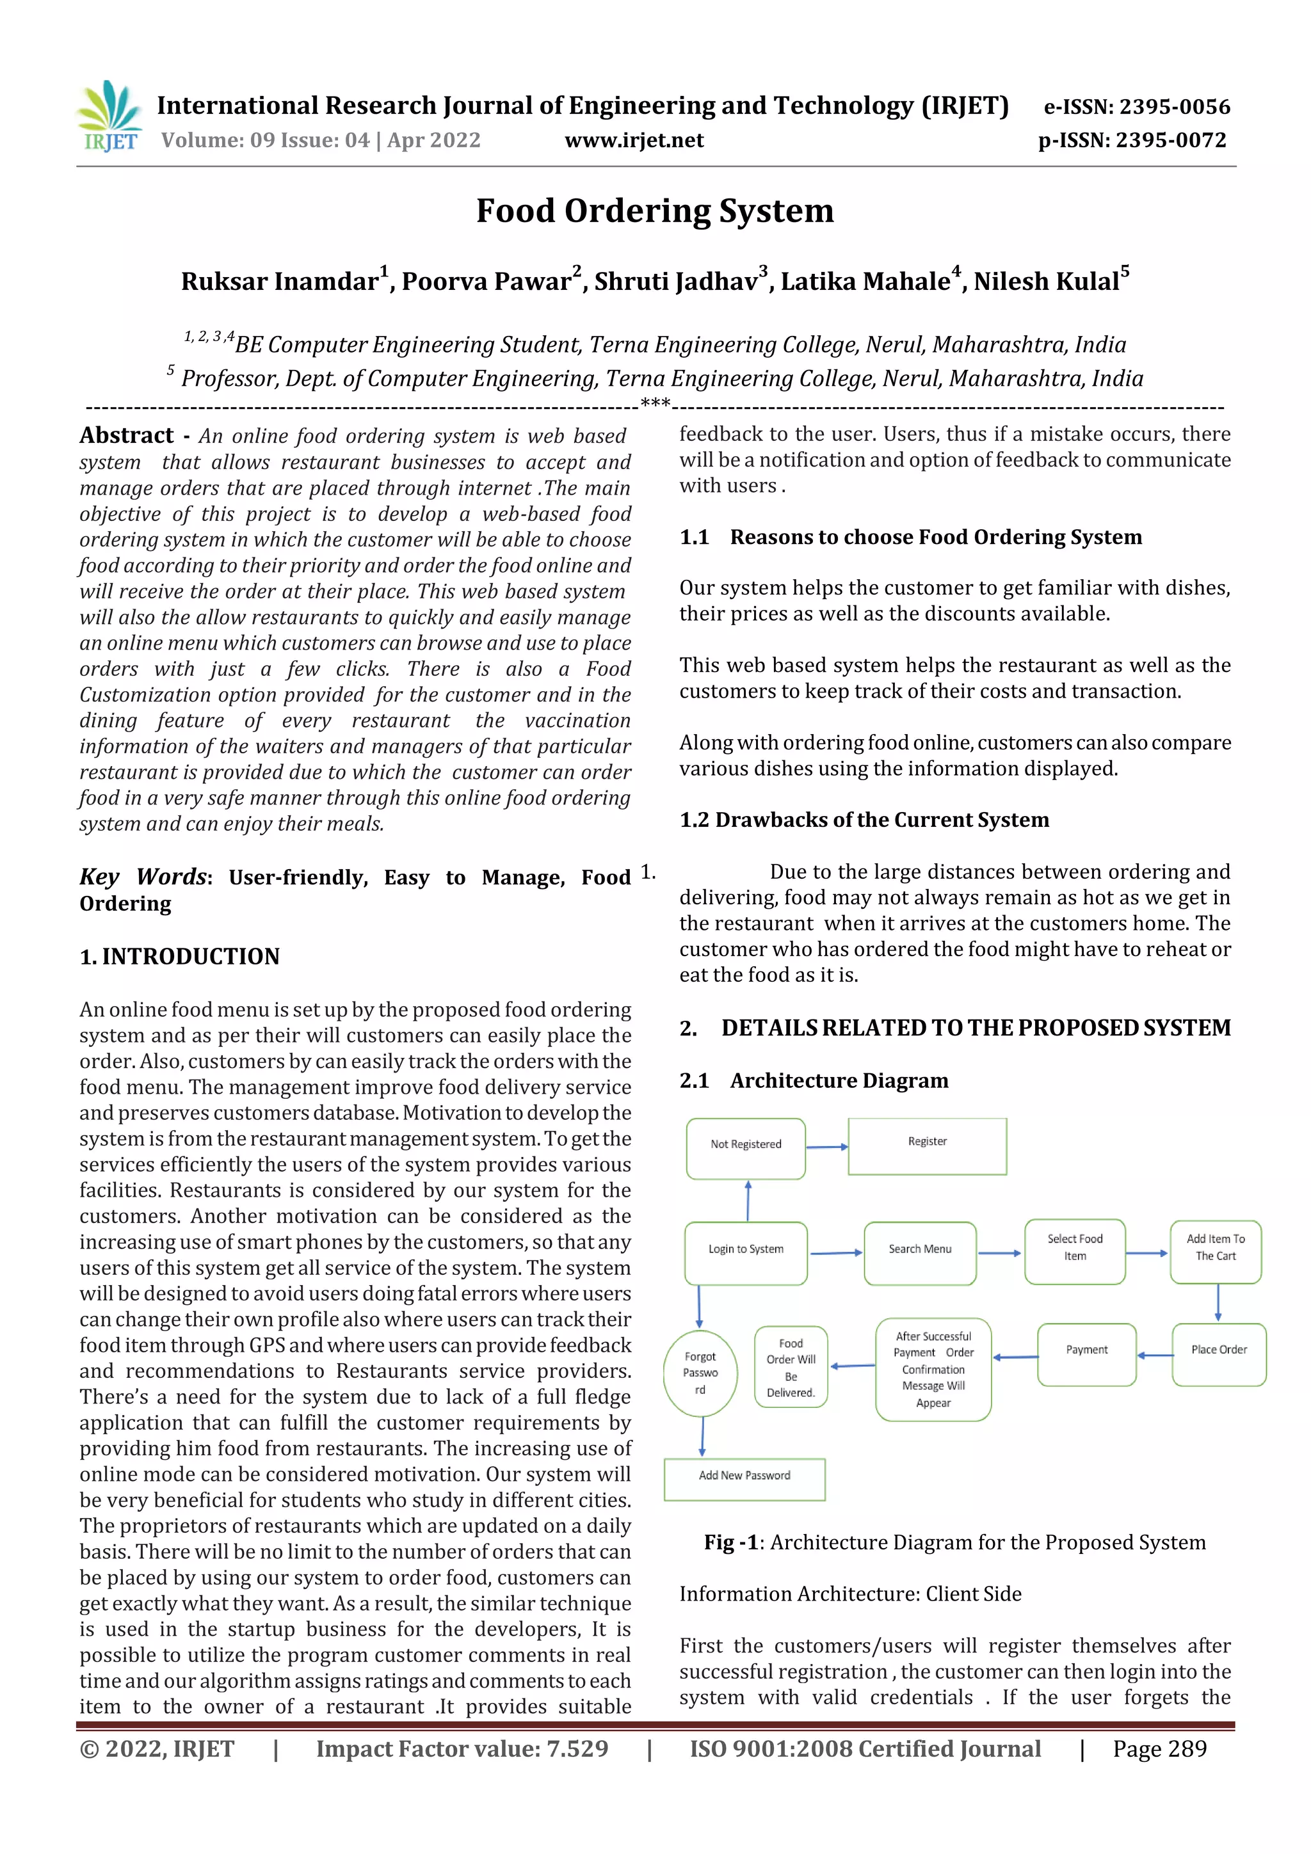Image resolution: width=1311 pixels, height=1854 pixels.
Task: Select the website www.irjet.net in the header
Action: (634, 141)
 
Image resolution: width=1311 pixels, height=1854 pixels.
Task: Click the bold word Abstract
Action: (126, 436)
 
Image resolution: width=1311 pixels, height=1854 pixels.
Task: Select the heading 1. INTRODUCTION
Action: (179, 957)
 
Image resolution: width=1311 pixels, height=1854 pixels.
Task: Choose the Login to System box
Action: (746, 1252)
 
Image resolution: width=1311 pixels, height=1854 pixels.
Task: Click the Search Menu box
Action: (919, 1252)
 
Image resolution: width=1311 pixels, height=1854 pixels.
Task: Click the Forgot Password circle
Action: (700, 1373)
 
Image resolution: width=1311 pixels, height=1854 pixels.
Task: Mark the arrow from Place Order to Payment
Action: (1154, 1355)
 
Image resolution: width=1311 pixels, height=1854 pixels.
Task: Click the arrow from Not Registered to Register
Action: (826, 1147)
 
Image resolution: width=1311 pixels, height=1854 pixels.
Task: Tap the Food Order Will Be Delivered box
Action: (791, 1367)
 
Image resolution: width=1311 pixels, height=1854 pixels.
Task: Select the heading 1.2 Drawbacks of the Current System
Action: (864, 820)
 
